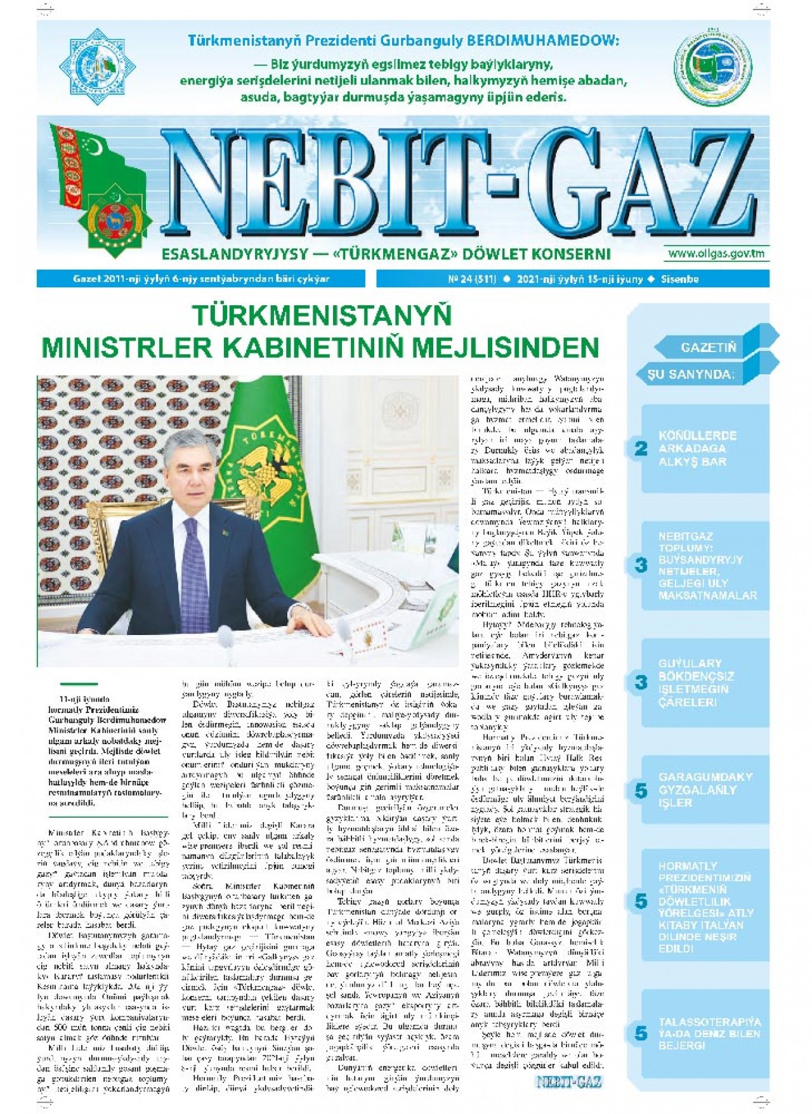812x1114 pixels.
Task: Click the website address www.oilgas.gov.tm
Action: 716,254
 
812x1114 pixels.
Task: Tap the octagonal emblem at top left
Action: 97,66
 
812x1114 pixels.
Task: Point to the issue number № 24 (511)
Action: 472,279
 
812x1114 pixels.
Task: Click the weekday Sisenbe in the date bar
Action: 679,279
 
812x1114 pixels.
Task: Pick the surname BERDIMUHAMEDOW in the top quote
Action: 542,41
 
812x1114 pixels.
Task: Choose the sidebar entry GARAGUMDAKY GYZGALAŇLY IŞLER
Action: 705,790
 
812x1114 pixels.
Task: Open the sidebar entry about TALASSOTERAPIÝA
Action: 709,1033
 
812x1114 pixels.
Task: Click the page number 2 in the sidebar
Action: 641,449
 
